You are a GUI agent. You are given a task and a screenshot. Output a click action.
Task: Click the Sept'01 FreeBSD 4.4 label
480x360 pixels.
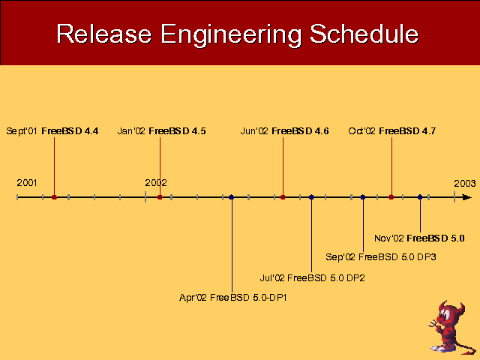[x=52, y=131]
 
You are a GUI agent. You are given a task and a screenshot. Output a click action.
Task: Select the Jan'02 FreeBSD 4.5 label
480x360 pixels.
[x=162, y=131]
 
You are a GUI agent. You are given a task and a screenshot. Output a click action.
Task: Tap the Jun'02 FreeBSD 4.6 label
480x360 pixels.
[x=284, y=131]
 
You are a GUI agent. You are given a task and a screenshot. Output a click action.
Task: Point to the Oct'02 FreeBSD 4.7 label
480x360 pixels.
[x=392, y=131]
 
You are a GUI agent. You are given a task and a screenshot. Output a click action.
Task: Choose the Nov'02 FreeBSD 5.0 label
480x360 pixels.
[x=419, y=238]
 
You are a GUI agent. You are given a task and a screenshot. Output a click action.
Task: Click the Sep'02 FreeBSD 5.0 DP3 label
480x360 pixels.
[x=381, y=257]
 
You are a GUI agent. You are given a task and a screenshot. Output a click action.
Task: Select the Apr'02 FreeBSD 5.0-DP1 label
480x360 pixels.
[x=233, y=298]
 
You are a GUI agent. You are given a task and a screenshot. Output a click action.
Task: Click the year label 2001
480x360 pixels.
[x=27, y=183]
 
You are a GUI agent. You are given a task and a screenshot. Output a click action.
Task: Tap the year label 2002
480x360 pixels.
[x=156, y=183]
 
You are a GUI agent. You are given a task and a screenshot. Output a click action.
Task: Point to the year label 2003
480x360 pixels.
[x=464, y=183]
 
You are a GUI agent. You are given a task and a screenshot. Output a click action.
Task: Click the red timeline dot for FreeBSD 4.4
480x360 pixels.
[x=54, y=197]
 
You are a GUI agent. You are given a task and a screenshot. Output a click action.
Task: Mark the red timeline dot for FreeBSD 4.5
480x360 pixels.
[x=160, y=197]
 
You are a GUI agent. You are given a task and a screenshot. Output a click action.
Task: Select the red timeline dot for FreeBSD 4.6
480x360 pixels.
[x=283, y=197]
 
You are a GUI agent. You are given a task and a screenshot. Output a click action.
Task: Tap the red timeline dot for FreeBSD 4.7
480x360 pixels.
[x=391, y=197]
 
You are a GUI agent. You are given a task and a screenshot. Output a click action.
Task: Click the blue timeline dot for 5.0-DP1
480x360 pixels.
[x=232, y=197]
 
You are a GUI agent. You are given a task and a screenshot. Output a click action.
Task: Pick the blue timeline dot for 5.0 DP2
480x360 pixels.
[x=311, y=197]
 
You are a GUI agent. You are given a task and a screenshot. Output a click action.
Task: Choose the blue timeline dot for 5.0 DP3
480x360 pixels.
[x=363, y=197]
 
